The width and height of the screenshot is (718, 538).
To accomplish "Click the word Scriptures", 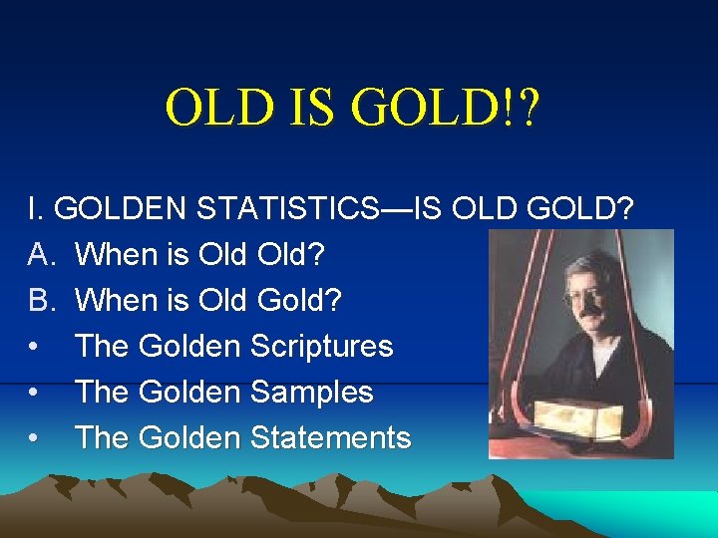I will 321,346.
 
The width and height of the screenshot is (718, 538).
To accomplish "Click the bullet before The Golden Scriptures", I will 35,347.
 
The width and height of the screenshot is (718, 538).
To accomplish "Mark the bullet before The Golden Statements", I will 35,438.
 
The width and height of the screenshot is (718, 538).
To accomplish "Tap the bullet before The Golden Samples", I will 35,393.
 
